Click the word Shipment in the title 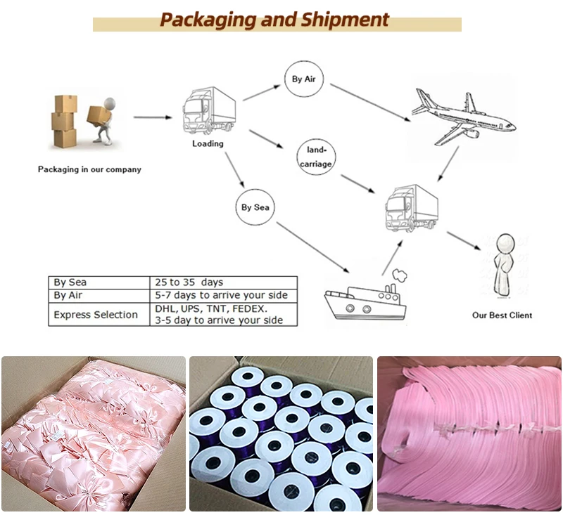click(x=346, y=19)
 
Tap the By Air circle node click(x=303, y=79)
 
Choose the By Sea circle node click(x=255, y=207)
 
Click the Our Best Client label click(x=502, y=315)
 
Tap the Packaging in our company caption click(x=89, y=169)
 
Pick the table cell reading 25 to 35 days click(x=189, y=282)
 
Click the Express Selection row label click(x=96, y=315)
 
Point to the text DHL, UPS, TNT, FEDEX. click(x=211, y=308)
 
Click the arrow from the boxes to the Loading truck click(x=152, y=117)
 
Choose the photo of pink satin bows click(x=93, y=433)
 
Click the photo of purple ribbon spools click(x=281, y=433)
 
